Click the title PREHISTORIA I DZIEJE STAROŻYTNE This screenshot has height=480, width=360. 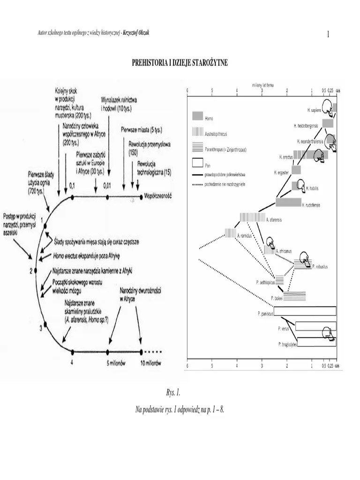pyautogui.click(x=180, y=62)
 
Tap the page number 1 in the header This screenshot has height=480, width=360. pyautogui.click(x=328, y=34)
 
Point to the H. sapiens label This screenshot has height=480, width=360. pyautogui.click(x=315, y=110)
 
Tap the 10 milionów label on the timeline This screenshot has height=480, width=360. pyautogui.click(x=151, y=363)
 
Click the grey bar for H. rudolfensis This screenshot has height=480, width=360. pyautogui.click(x=288, y=202)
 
